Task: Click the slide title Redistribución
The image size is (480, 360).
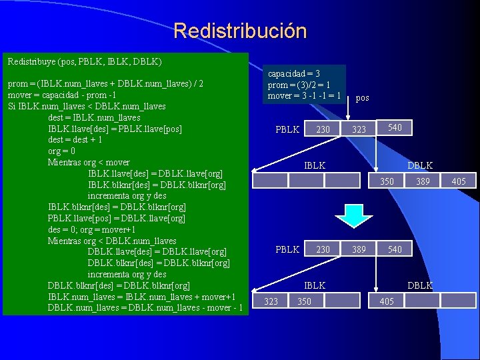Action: (240, 31)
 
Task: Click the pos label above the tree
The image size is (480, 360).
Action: (363, 98)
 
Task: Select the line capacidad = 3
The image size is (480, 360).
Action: (294, 74)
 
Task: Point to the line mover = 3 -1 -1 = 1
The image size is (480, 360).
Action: (304, 96)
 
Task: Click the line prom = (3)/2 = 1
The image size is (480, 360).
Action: (299, 85)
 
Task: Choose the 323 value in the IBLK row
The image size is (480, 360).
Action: (271, 301)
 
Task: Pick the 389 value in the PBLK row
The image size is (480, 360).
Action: (359, 249)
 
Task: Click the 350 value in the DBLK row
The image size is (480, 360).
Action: (387, 181)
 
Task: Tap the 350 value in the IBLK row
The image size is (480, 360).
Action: (304, 301)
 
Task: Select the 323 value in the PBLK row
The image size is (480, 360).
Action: (359, 129)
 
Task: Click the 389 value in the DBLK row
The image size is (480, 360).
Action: (423, 181)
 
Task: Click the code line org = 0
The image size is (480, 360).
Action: (66, 151)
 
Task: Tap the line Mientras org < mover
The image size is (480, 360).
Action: (88, 162)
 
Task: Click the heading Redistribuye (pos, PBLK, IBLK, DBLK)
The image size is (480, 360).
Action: (85, 61)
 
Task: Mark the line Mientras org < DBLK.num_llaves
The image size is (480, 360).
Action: (112, 241)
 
